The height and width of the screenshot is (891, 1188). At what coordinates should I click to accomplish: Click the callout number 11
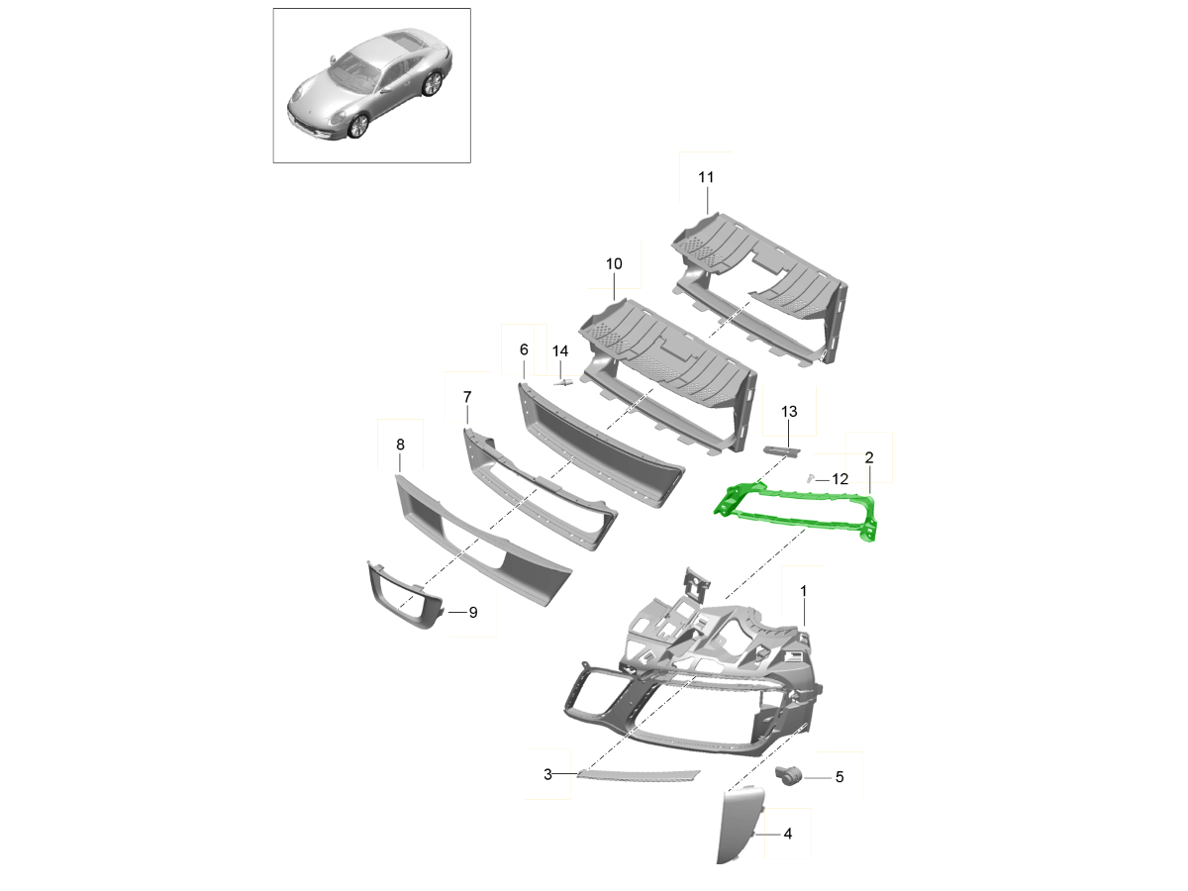click(x=705, y=177)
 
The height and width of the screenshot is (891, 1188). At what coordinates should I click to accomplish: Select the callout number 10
click(x=614, y=263)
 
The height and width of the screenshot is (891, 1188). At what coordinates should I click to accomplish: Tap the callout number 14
click(x=560, y=350)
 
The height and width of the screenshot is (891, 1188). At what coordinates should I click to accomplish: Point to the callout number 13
click(x=788, y=410)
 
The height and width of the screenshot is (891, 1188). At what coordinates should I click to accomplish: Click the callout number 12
click(x=840, y=479)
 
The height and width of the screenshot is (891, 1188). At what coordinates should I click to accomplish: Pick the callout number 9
click(x=472, y=613)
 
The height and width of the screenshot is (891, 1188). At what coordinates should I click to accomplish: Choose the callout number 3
click(x=547, y=774)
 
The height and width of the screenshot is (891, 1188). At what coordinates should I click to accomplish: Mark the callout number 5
click(x=840, y=777)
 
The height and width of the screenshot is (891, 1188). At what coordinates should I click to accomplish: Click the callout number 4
click(x=787, y=835)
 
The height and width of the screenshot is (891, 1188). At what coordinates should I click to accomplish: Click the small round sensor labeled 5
click(x=789, y=776)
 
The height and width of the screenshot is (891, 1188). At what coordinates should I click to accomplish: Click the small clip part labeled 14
click(x=563, y=382)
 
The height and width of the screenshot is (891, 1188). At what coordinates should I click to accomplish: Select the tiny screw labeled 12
click(x=809, y=478)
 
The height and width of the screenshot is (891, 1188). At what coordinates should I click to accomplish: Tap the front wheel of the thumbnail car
click(x=357, y=125)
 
